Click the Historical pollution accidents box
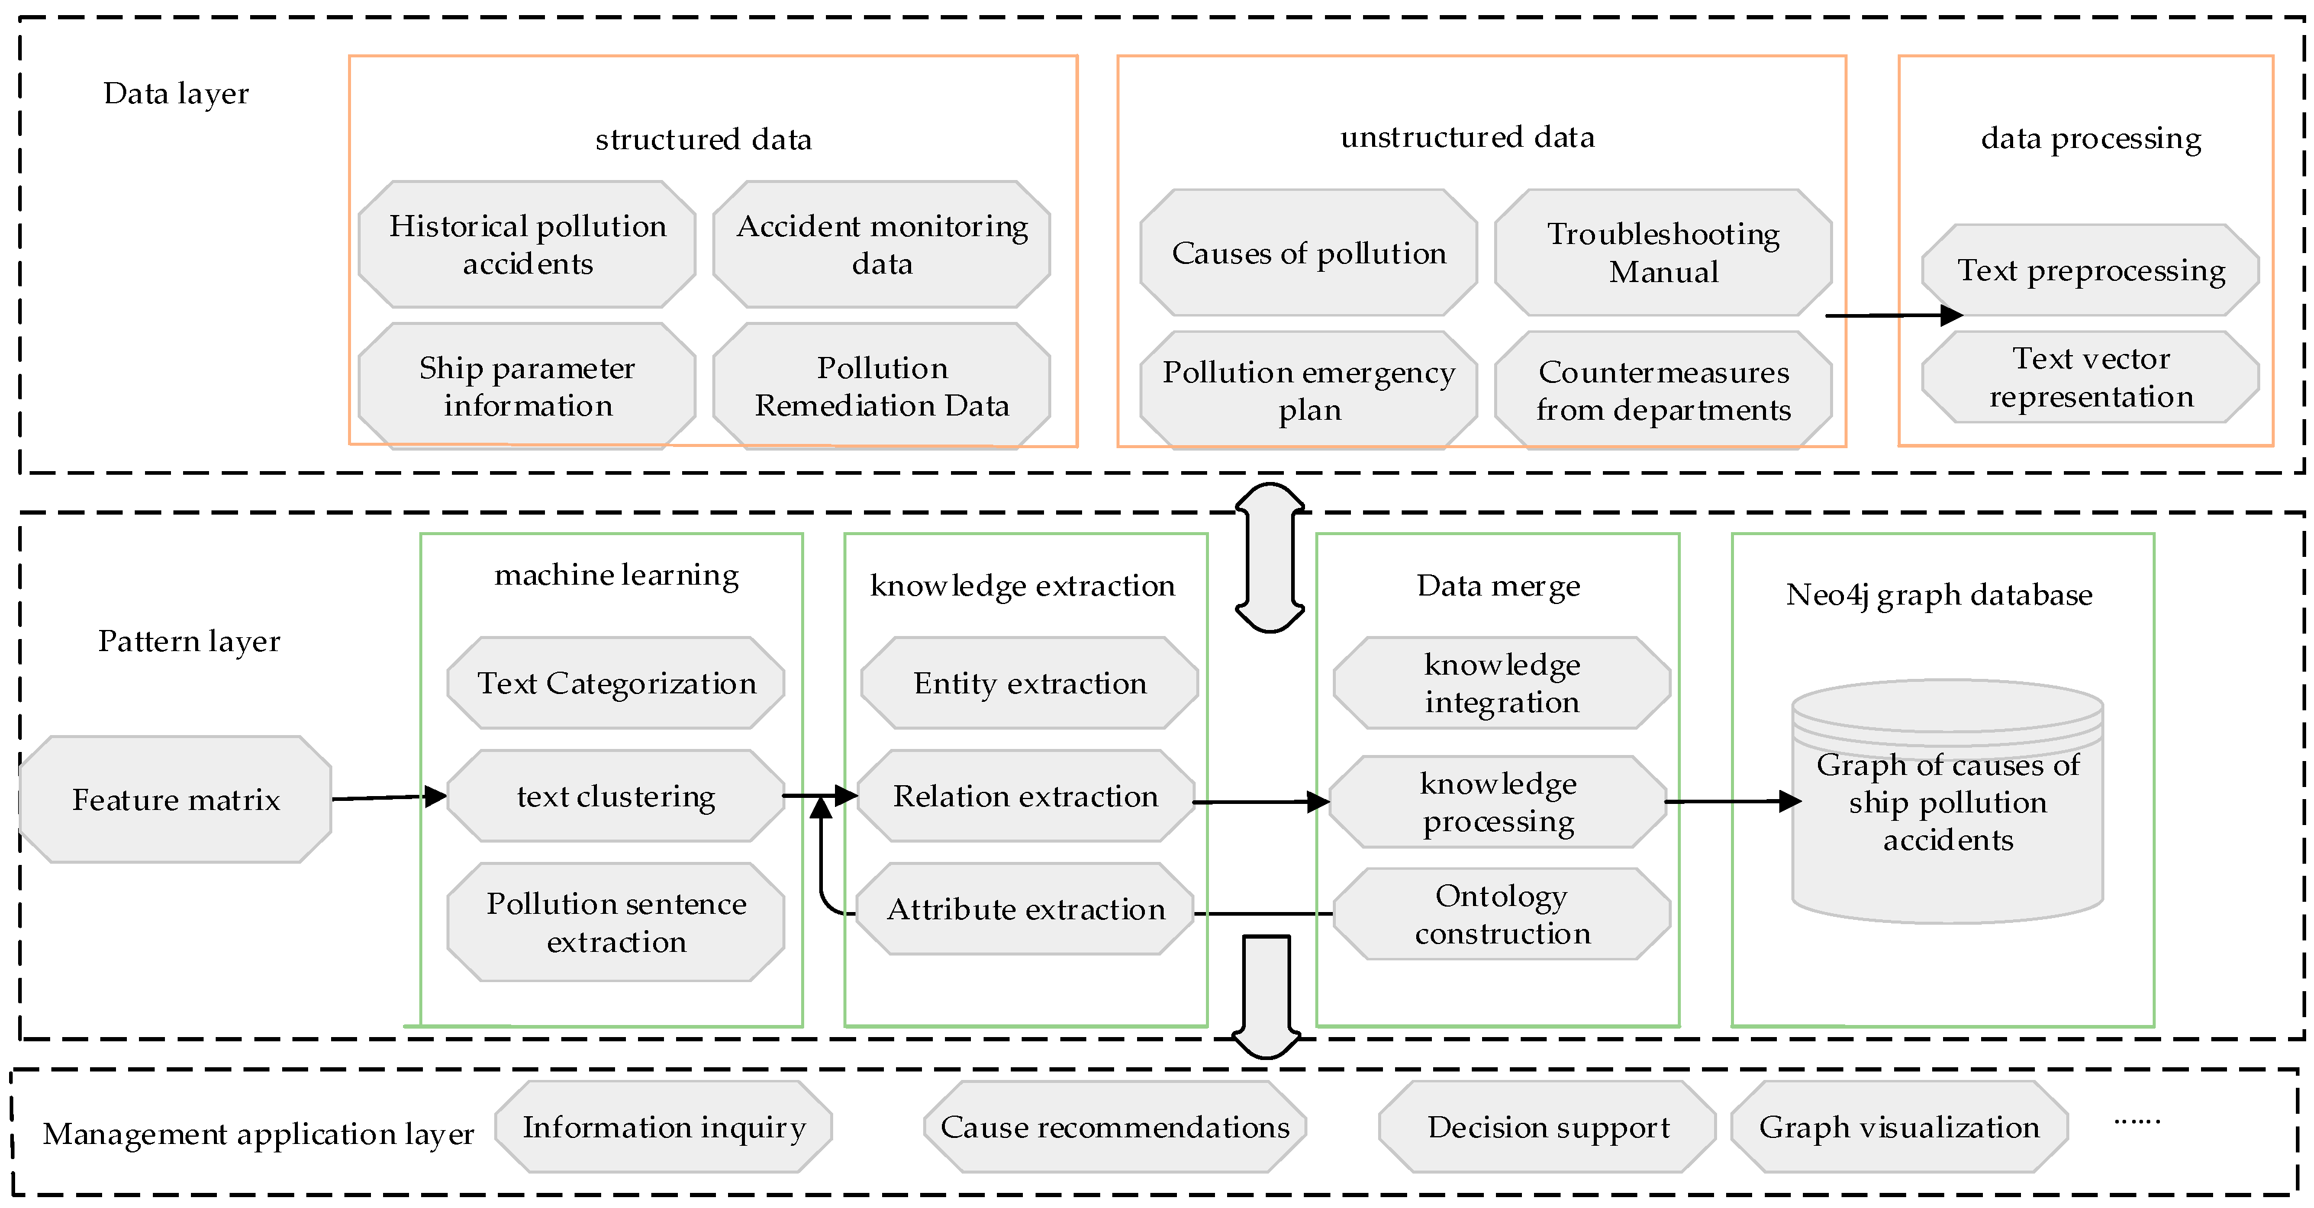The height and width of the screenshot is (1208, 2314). coord(527,244)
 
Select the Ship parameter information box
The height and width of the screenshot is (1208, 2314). coord(527,386)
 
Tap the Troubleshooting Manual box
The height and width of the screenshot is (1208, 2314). coord(1663,252)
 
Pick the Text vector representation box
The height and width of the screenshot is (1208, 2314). coord(2090,377)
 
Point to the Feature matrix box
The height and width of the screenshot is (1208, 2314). coord(176,799)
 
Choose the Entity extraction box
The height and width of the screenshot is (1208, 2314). coord(1030,684)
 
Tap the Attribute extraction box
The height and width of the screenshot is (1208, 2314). coord(1025,909)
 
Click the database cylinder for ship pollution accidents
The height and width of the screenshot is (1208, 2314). coord(1947,802)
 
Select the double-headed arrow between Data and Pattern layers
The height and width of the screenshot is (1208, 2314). coord(1269,557)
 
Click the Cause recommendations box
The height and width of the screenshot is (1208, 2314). coord(1115,1127)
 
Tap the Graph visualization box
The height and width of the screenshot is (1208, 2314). coord(1899,1127)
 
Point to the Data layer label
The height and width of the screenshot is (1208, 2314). coord(176,94)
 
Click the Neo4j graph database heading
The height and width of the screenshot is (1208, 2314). coord(1939,594)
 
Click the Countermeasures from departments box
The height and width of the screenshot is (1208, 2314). coord(1663,391)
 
